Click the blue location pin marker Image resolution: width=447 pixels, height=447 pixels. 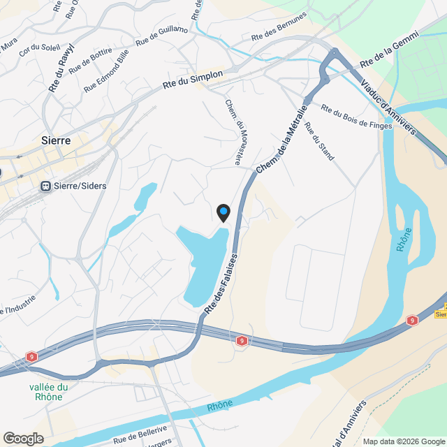[x=223, y=212]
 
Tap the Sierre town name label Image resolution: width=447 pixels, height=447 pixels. [x=56, y=140]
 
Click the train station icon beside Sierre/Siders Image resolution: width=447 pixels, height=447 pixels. [x=46, y=186]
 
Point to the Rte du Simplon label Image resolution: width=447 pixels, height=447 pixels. [x=193, y=79]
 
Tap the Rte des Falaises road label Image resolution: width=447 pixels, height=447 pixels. [x=221, y=284]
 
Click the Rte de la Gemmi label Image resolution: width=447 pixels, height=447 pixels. [x=389, y=50]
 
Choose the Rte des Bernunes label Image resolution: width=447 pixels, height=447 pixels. [x=279, y=27]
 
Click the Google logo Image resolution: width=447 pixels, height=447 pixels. [x=22, y=438]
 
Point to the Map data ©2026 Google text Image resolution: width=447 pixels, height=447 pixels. [x=404, y=441]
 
